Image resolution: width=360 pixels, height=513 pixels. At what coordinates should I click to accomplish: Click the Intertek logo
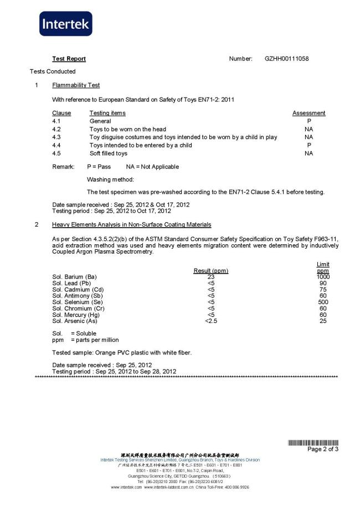coord(65,24)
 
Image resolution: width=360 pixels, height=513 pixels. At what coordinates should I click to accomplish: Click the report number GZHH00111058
coord(287,59)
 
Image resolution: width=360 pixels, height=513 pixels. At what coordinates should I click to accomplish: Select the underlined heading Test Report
coord(69,59)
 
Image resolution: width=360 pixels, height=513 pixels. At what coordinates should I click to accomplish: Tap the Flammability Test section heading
coord(76,85)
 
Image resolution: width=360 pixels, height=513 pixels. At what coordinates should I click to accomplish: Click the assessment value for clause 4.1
coord(308,121)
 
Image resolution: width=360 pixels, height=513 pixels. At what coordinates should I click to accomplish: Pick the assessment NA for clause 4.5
coord(308,153)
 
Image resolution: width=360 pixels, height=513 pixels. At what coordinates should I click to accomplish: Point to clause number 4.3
coord(56,137)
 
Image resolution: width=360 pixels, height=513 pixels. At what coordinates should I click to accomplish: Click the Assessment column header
coord(308,113)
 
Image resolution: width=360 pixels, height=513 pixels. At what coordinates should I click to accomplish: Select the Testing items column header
coord(107,113)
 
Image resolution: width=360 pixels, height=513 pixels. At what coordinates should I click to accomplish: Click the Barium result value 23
coord(210,277)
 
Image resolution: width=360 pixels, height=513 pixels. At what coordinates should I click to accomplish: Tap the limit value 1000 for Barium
coord(323,277)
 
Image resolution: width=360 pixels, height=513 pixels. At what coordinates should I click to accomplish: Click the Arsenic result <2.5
coord(210,321)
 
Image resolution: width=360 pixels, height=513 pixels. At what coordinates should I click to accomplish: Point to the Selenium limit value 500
coord(323,302)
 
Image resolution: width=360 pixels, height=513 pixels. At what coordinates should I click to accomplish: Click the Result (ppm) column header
coord(210,271)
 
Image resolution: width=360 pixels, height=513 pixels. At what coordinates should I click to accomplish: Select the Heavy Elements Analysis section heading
coord(131,224)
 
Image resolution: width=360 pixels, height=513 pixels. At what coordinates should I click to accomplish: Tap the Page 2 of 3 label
coord(323,449)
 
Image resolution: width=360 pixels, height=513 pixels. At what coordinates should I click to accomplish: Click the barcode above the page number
coord(313,443)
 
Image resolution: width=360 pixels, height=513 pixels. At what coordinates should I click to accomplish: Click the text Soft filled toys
coord(109,153)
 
